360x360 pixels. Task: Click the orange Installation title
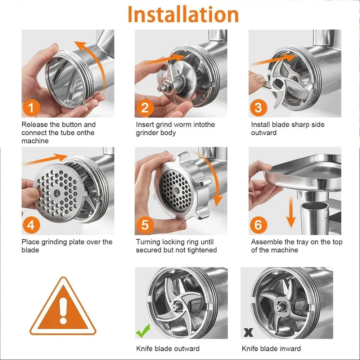point(183,14)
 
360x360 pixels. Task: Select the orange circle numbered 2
point(145,107)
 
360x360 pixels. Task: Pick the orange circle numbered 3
point(258,107)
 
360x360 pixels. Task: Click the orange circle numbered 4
point(31,225)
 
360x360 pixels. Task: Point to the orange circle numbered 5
point(145,225)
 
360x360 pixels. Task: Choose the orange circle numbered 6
point(258,225)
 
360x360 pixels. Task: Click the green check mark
point(143,331)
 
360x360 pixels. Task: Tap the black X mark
point(248,332)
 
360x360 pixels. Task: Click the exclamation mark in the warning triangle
point(63,311)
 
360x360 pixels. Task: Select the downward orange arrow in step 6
point(291,212)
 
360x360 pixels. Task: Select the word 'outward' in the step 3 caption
point(264,133)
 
